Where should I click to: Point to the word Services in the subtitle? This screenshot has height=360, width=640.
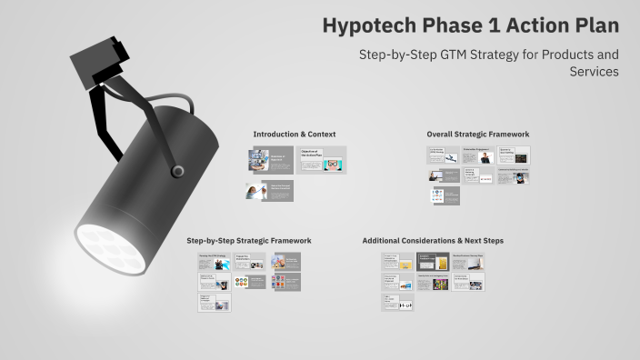595,72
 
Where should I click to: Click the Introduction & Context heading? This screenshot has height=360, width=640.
288,135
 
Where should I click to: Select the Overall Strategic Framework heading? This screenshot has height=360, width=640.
477,135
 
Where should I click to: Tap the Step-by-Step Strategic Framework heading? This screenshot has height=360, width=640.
249,241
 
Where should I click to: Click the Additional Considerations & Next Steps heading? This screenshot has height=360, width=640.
433,241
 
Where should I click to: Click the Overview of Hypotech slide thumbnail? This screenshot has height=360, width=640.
270,160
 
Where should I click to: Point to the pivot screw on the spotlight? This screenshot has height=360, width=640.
178,171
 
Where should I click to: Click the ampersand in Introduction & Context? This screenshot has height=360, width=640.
303,135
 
